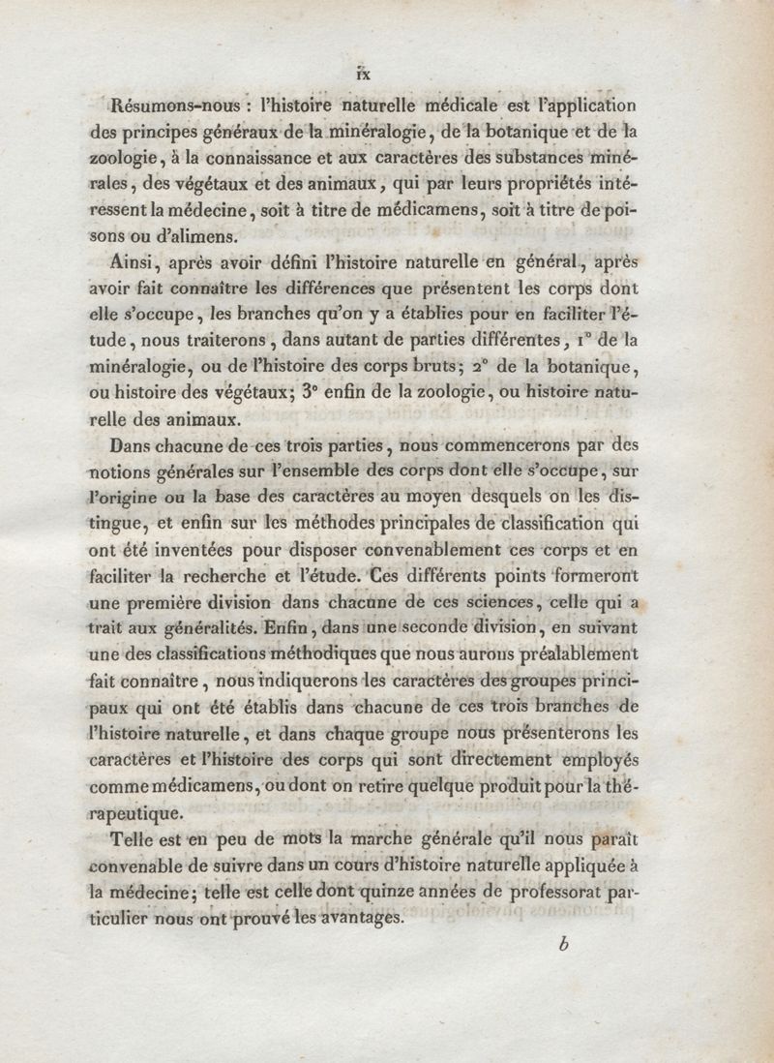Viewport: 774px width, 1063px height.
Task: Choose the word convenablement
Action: (421, 550)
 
